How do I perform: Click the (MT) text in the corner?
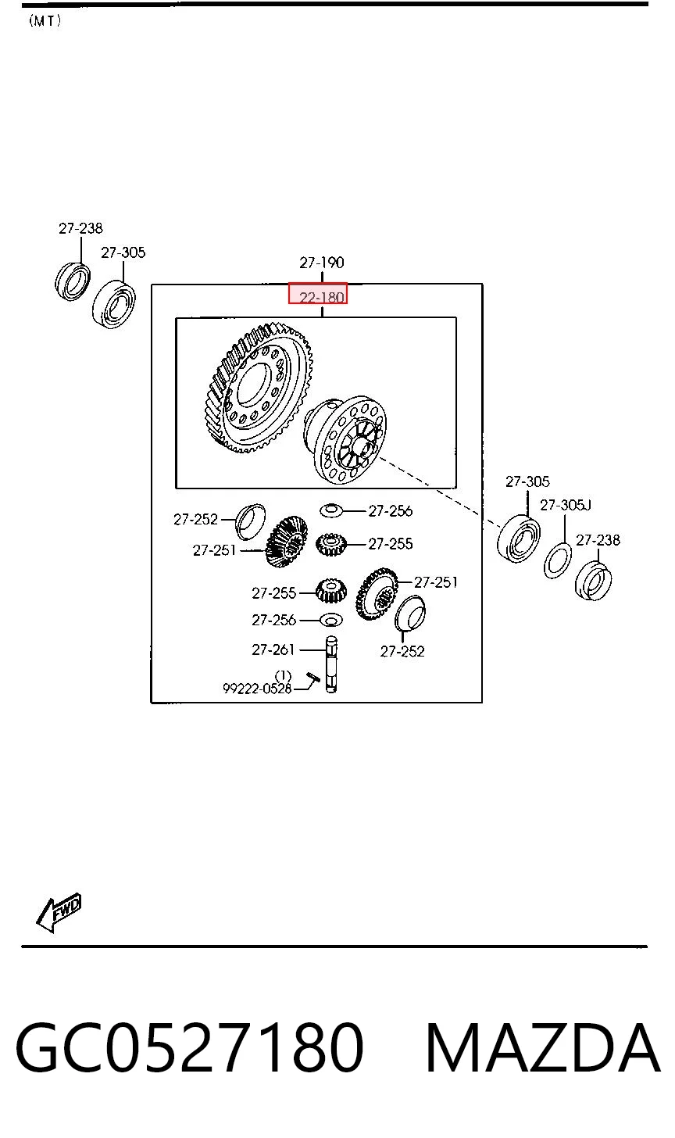click(x=45, y=21)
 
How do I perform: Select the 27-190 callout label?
click(x=322, y=263)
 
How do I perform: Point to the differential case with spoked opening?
click(x=345, y=439)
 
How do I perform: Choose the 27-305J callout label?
click(x=566, y=505)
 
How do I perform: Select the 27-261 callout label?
click(x=273, y=650)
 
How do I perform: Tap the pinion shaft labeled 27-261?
click(x=331, y=664)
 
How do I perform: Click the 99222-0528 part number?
click(x=257, y=689)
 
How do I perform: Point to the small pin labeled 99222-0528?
click(x=312, y=677)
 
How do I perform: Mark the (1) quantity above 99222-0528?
click(x=283, y=675)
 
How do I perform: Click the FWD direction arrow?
click(x=58, y=912)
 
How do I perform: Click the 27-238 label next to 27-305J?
click(x=598, y=539)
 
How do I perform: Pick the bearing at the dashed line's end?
click(x=518, y=539)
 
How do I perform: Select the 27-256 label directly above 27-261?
click(x=273, y=620)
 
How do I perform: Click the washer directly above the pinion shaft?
click(x=331, y=620)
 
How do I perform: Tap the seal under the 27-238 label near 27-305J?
click(x=593, y=581)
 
